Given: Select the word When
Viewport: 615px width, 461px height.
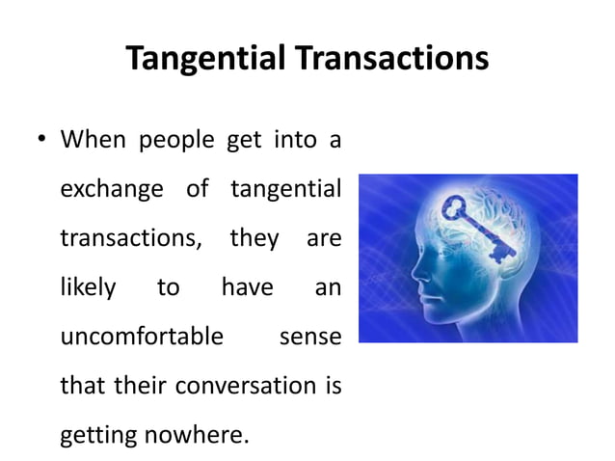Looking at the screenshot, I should pyautogui.click(x=92, y=142).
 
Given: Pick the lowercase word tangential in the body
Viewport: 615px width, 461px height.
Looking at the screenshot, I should pyautogui.click(x=286, y=191).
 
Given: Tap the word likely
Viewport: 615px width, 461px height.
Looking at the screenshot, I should pyautogui.click(x=89, y=287).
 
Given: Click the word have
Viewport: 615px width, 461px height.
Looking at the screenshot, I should pyautogui.click(x=247, y=287).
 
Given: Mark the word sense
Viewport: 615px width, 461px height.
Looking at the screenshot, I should pyautogui.click(x=309, y=338).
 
